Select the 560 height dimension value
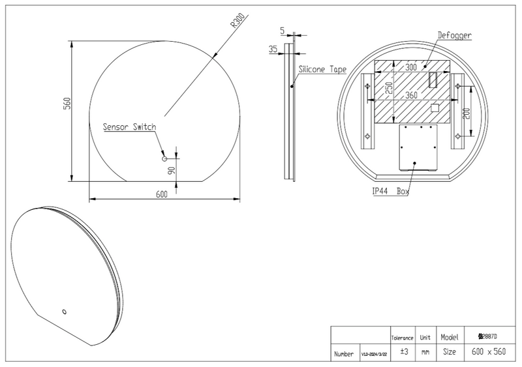coord(66,104)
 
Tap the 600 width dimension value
coord(162,194)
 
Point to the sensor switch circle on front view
coord(164,158)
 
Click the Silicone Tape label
coord(322,68)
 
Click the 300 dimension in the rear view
coord(410,67)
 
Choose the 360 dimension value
coord(410,95)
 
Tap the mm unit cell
coord(425,352)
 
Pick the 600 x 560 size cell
coord(488,352)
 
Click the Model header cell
coord(450,337)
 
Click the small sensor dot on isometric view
coord(64,310)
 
